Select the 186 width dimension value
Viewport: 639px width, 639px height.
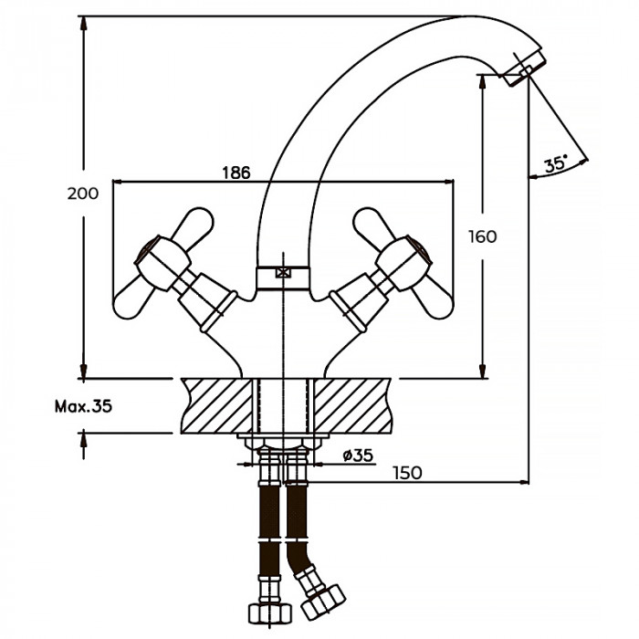[236, 173]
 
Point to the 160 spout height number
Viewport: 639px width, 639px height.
[483, 236]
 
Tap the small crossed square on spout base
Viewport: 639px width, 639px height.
[283, 271]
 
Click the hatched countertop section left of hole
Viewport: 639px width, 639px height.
[216, 404]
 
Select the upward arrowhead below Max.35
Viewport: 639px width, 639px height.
[84, 440]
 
